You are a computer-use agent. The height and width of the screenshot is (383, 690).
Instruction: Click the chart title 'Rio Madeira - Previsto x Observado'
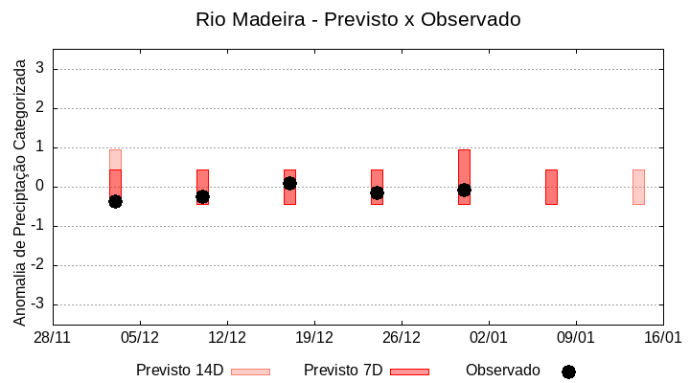[357, 19]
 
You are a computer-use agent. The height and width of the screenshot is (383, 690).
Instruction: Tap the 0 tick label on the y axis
[40, 187]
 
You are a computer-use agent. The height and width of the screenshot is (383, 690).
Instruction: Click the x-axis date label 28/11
[53, 337]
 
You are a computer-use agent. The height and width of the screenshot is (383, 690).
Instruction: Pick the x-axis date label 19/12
[314, 337]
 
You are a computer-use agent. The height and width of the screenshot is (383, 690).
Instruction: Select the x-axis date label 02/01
[489, 337]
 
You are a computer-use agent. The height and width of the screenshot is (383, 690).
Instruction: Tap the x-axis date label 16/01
[662, 337]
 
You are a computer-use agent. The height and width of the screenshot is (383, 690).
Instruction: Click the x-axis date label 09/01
[576, 337]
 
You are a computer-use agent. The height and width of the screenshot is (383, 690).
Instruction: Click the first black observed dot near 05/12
[115, 201]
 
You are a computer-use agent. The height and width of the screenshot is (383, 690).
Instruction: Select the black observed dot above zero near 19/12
[289, 183]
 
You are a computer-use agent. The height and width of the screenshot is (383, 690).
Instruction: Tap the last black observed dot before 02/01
[464, 190]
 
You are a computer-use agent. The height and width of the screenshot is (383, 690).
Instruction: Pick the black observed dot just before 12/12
[202, 196]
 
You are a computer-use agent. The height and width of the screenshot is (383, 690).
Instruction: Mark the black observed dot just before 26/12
[377, 192]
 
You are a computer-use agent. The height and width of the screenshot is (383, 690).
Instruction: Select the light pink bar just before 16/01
[638, 187]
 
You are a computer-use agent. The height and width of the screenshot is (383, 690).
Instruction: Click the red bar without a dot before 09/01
[551, 187]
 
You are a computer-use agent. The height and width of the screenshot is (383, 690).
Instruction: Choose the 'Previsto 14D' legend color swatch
[250, 372]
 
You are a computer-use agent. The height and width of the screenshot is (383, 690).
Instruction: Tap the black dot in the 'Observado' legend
[568, 372]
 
